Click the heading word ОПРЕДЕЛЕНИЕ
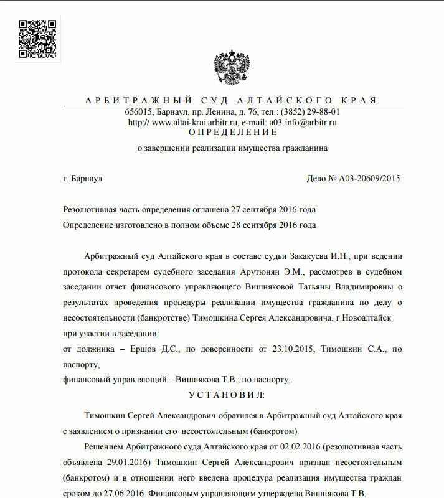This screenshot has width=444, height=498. (x=232, y=133)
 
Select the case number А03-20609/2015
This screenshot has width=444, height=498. (x=369, y=179)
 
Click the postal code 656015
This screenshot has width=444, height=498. (x=139, y=112)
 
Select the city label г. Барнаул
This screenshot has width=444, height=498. (x=83, y=179)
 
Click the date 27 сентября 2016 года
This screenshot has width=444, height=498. (x=271, y=210)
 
